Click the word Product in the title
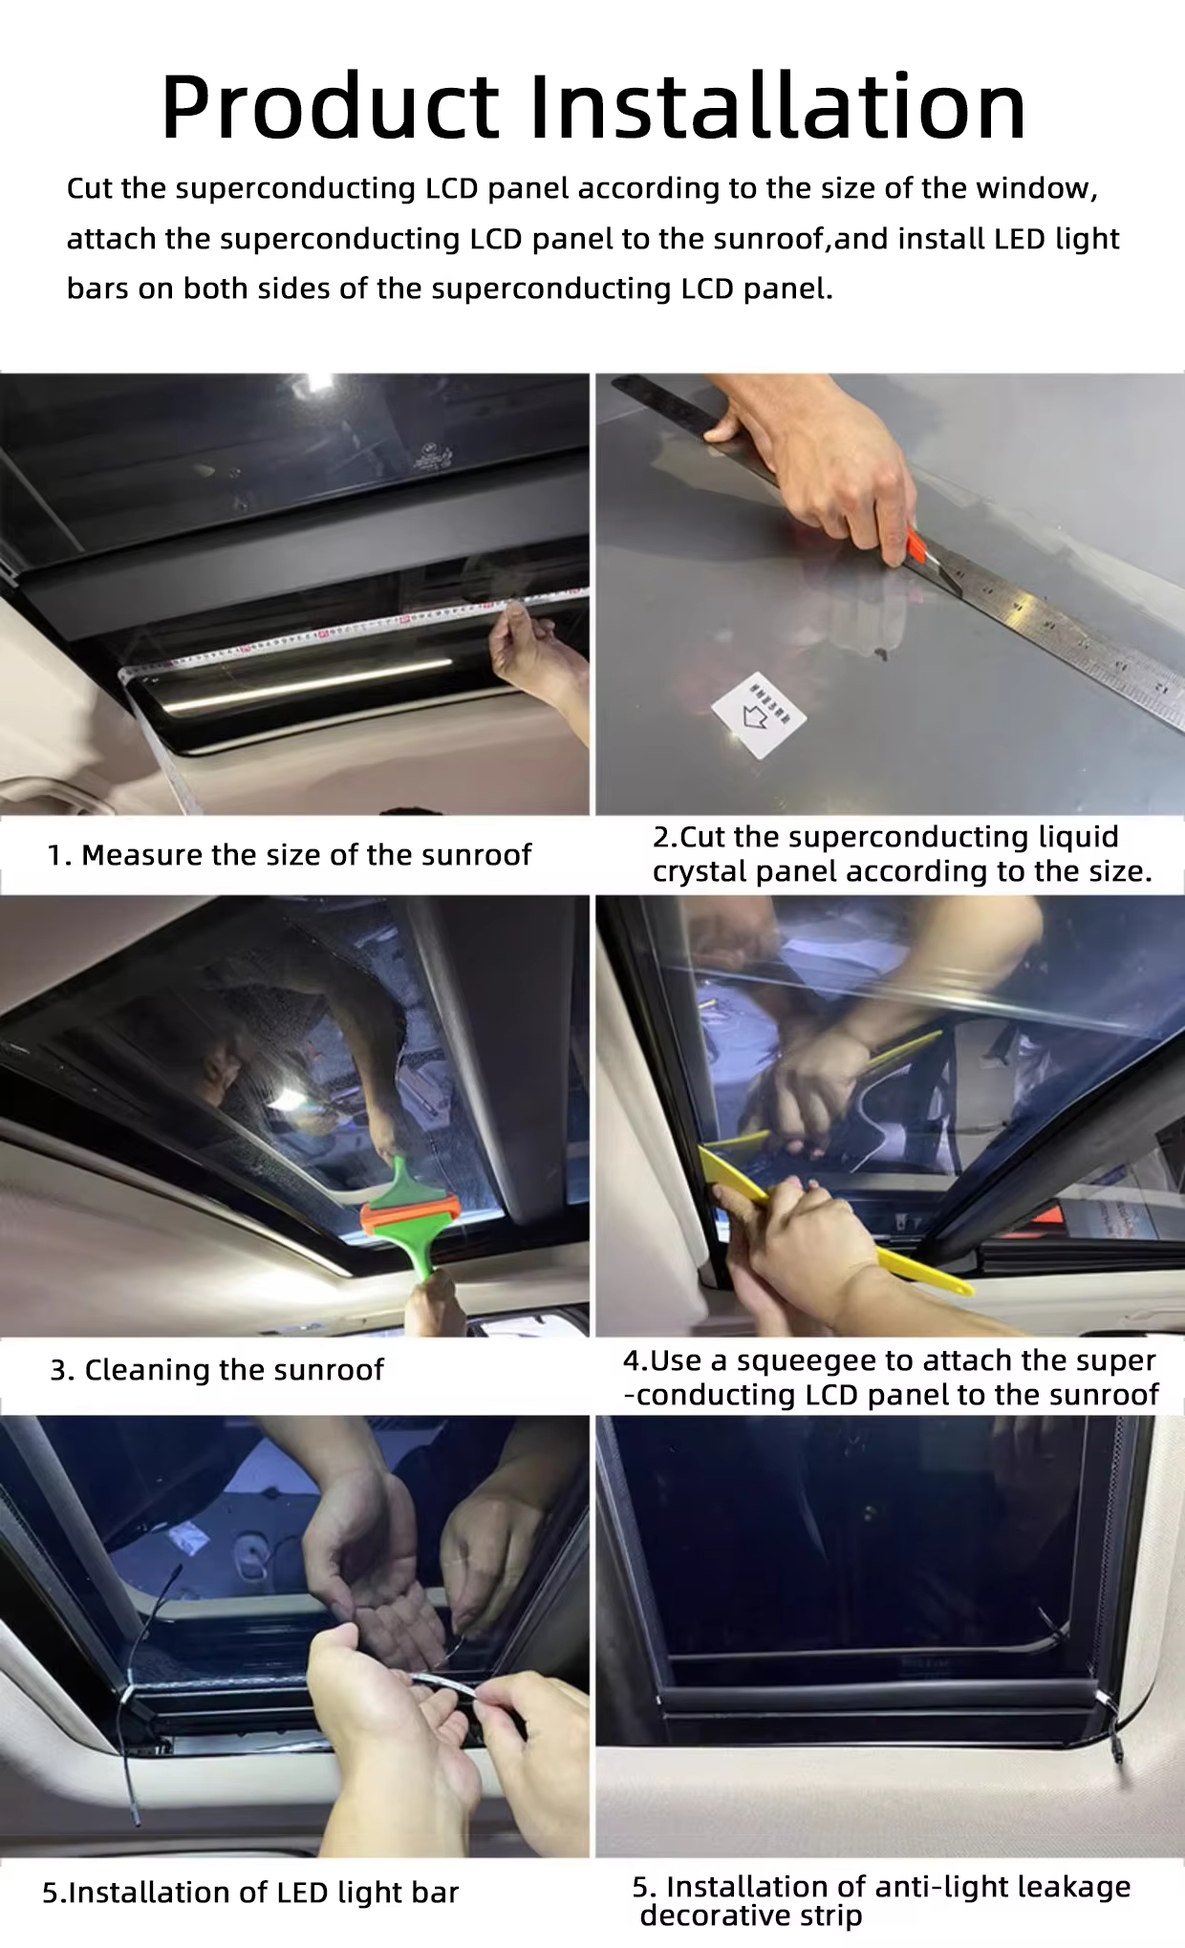point(330,107)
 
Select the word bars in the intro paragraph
point(97,289)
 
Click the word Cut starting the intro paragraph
point(90,188)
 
